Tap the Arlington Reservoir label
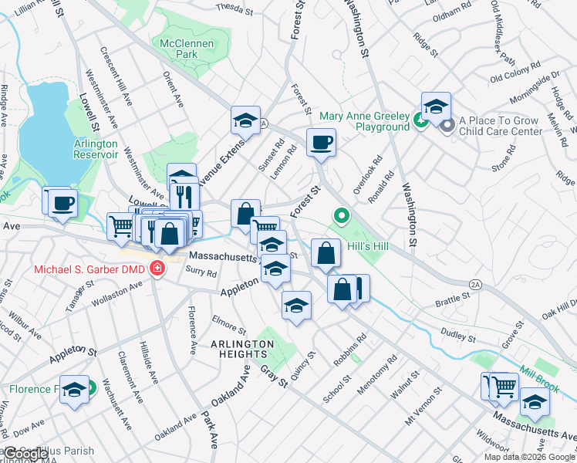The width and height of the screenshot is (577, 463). [96, 149]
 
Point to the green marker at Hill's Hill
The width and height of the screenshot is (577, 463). [339, 216]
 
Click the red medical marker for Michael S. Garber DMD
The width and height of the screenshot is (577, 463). [157, 269]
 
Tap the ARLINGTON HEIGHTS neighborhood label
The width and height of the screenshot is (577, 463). [244, 349]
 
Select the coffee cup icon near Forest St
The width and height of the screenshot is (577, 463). [321, 142]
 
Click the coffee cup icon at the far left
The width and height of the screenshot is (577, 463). [62, 202]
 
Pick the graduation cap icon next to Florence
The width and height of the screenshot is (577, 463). [74, 390]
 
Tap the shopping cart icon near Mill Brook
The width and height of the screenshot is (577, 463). [504, 386]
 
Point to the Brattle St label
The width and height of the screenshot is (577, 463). [453, 296]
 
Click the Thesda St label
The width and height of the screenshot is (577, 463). [235, 9]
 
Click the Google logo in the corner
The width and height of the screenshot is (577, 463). [25, 454]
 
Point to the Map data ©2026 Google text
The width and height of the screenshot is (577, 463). [529, 457]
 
